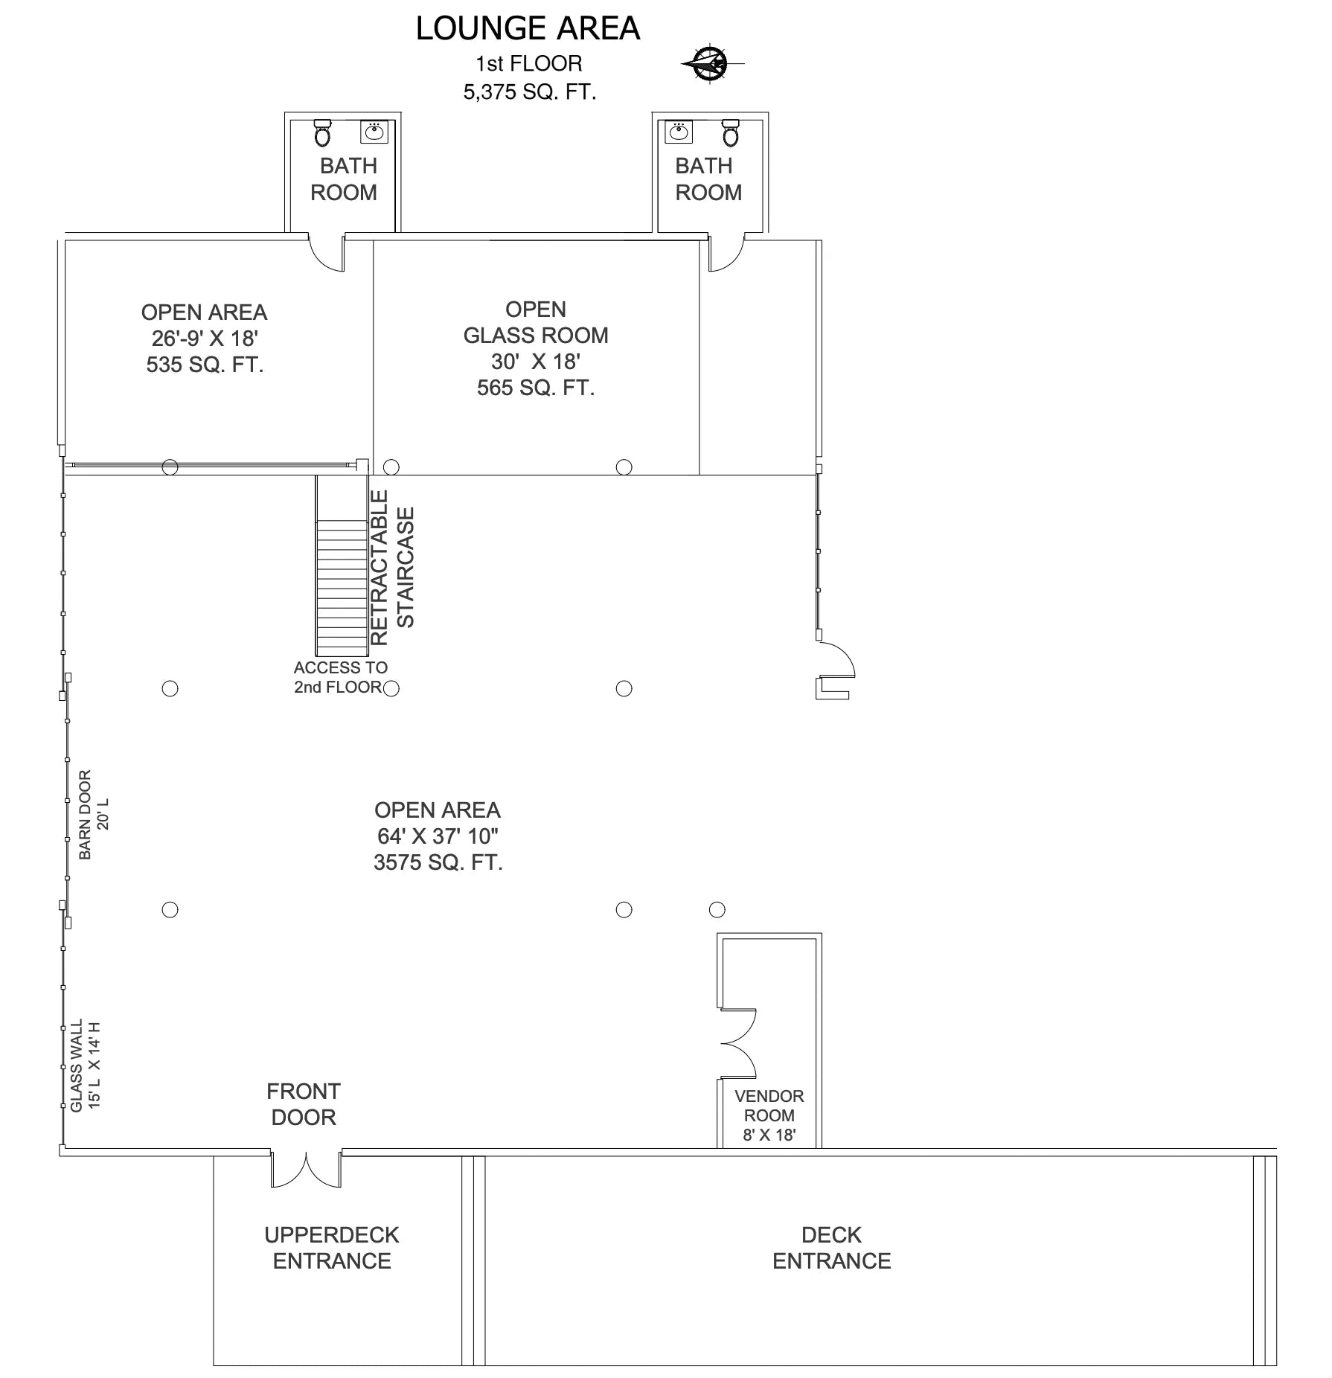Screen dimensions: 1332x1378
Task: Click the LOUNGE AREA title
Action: click(528, 28)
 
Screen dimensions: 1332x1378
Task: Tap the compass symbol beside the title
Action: click(712, 64)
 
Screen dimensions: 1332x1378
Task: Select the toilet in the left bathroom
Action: click(322, 132)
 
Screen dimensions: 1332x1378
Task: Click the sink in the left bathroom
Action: click(374, 132)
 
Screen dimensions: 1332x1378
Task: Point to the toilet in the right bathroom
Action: click(731, 132)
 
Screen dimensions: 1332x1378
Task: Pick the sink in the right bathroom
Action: click(678, 132)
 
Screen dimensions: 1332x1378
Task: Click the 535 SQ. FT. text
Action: click(205, 365)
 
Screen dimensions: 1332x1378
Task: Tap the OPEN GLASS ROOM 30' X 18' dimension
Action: click(536, 362)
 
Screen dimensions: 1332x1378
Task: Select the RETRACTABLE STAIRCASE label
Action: click(392, 567)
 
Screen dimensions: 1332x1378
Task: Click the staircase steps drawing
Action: click(342, 585)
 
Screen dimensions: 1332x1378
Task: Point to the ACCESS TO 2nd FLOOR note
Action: click(340, 677)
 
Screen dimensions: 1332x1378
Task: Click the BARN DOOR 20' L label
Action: click(94, 814)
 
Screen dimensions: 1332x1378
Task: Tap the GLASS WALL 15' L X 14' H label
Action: click(86, 1066)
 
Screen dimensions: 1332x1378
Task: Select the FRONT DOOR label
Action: click(304, 1104)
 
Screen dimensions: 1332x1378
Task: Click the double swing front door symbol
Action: click(307, 1170)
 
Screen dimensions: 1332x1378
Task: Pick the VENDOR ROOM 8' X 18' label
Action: click(769, 1115)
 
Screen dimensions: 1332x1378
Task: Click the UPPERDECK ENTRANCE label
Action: click(332, 1248)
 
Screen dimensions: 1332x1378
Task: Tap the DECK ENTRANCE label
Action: click(831, 1248)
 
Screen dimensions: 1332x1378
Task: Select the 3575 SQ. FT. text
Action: click(438, 862)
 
